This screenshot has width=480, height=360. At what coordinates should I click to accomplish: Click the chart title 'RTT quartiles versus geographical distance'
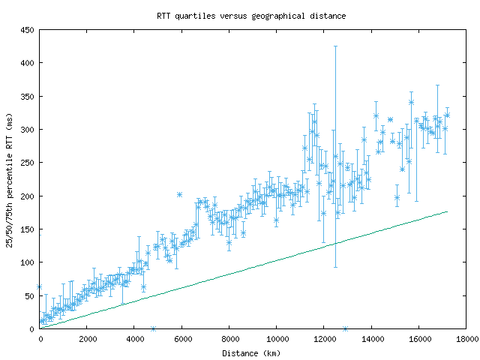[x=251, y=15]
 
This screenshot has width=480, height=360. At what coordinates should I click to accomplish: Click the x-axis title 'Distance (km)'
[x=250, y=352]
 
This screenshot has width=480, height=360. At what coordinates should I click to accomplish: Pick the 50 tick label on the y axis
[x=31, y=295]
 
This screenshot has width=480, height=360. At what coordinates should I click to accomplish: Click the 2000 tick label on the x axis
[x=86, y=340]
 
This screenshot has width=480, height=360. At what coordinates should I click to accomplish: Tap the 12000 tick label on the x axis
[x=324, y=340]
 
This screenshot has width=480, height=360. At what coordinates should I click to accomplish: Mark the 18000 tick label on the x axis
[x=466, y=340]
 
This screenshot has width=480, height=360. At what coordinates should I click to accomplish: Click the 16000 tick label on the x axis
[x=418, y=340]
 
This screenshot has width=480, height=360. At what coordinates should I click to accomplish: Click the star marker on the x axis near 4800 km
[x=153, y=328]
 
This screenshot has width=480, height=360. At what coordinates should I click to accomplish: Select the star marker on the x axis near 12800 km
[x=345, y=328]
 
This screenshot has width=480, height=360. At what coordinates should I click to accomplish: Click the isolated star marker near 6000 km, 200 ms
[x=179, y=194]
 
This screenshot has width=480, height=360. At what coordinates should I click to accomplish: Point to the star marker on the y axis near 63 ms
[x=39, y=286]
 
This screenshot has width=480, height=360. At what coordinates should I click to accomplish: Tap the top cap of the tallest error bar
[x=335, y=46]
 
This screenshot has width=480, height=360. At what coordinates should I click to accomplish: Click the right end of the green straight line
[x=447, y=211]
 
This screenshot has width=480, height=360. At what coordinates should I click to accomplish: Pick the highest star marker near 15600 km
[x=411, y=102]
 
